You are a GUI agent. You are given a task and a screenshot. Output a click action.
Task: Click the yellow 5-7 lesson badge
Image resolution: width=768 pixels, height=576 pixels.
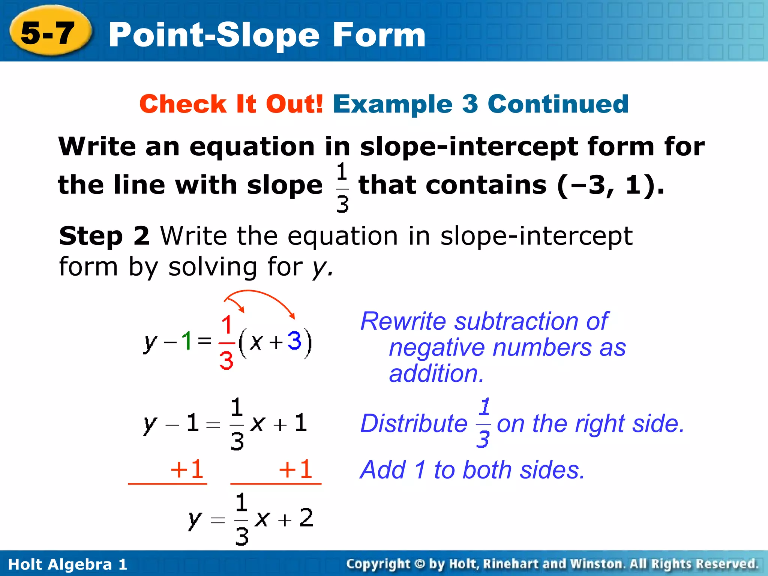tap(49, 33)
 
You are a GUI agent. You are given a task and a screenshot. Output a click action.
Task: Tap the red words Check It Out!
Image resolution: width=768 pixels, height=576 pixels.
tap(231, 104)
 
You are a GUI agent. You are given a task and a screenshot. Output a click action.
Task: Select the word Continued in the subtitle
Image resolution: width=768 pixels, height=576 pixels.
tap(558, 104)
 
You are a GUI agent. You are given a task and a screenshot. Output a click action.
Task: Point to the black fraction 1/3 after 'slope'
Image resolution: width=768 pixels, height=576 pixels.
tap(342, 187)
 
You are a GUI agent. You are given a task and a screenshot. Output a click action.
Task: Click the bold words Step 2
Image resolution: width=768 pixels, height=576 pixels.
tap(104, 236)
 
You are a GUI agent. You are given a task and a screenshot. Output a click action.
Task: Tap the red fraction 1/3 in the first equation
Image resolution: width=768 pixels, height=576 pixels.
tap(226, 342)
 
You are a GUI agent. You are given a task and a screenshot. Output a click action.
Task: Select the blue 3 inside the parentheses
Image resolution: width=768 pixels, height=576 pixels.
tap(294, 340)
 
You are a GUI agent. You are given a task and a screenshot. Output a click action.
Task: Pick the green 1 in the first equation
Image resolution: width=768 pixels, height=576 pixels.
tap(186, 341)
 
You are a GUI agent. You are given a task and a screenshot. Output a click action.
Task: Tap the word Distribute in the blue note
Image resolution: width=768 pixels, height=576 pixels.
tap(414, 424)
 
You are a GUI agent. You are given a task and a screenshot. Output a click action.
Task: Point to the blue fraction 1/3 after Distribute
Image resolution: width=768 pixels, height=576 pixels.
tap(484, 423)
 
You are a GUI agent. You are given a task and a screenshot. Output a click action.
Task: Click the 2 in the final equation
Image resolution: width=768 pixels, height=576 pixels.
tap(306, 518)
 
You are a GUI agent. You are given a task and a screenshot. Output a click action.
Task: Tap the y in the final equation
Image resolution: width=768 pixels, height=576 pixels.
tap(195, 520)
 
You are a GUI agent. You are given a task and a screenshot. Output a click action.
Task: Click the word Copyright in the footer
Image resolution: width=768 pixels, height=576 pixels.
tap(378, 564)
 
